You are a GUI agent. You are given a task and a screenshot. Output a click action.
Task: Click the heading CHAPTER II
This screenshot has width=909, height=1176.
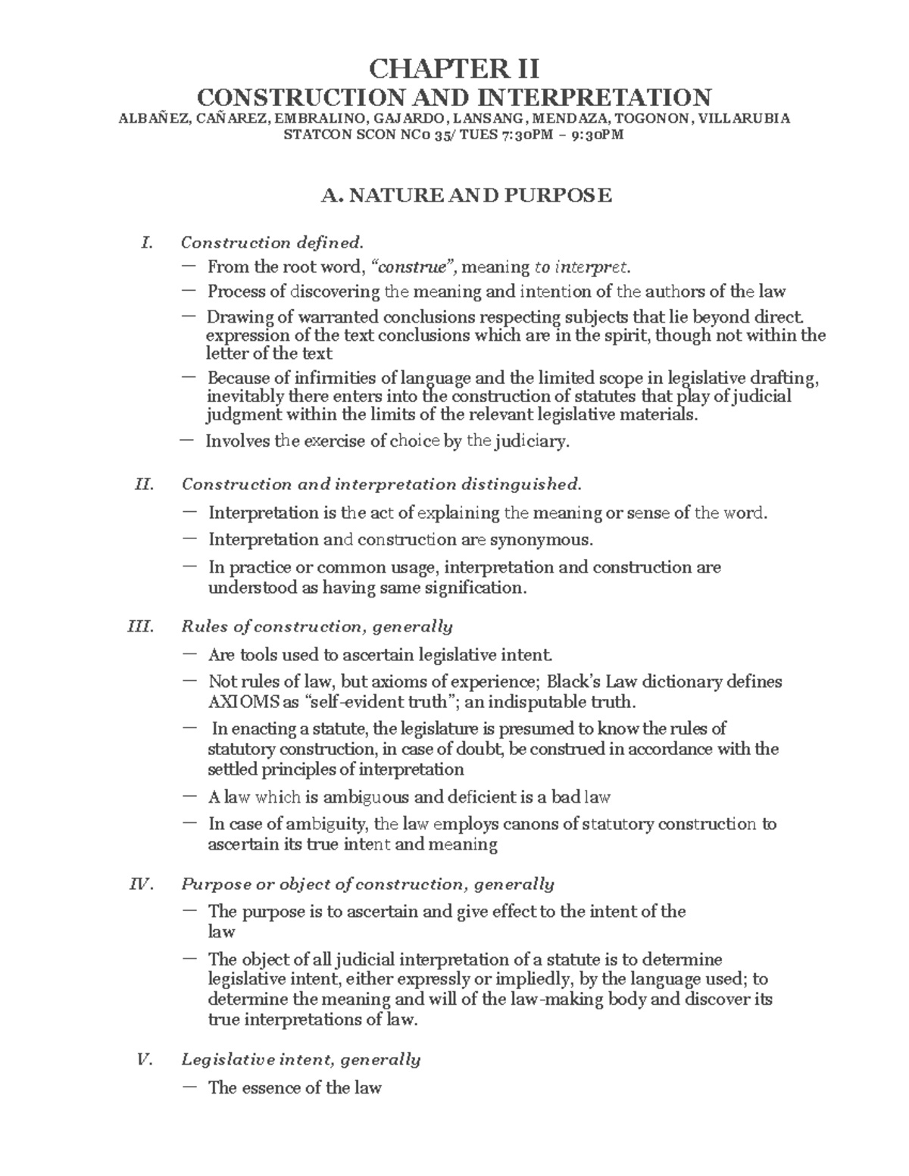(454, 69)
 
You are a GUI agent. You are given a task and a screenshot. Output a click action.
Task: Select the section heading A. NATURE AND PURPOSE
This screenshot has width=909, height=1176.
(466, 196)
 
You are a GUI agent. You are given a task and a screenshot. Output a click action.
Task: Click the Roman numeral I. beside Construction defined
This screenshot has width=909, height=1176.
(147, 243)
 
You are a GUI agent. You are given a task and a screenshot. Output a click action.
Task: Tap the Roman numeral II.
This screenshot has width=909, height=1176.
(144, 485)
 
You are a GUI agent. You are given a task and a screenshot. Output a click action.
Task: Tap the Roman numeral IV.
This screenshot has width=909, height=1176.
(142, 884)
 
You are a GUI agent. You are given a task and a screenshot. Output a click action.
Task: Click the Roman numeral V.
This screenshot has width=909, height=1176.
(144, 1060)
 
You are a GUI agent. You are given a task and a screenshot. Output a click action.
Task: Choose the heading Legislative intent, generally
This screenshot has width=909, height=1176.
(301, 1060)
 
